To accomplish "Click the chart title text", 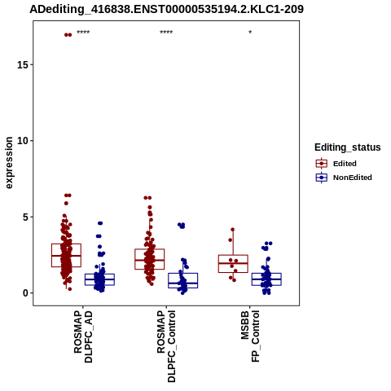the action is pyautogui.click(x=166, y=9).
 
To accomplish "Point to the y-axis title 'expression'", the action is pyautogui.click(x=9, y=163).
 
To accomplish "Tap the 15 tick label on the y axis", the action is pyautogui.click(x=22, y=64).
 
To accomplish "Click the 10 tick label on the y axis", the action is pyautogui.click(x=22, y=141).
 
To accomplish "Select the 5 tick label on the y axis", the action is pyautogui.click(x=25, y=217).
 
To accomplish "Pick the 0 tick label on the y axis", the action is pyautogui.click(x=25, y=293).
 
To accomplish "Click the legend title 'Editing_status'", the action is pyautogui.click(x=348, y=147).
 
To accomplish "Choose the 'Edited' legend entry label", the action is pyautogui.click(x=345, y=164).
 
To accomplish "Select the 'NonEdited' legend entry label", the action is pyautogui.click(x=353, y=178).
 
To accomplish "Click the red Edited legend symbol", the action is pyautogui.click(x=322, y=164).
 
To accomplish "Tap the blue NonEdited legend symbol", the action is pyautogui.click(x=322, y=178).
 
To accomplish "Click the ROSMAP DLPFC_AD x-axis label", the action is pyautogui.click(x=83, y=336).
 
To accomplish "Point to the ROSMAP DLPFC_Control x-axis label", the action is pyautogui.click(x=166, y=346).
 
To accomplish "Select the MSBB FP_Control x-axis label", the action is pyautogui.click(x=250, y=336).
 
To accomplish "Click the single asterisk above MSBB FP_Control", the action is pyautogui.click(x=250, y=33).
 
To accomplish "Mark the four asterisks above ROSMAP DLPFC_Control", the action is pyautogui.click(x=166, y=33).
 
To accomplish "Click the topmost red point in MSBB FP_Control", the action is pyautogui.click(x=233, y=230).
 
